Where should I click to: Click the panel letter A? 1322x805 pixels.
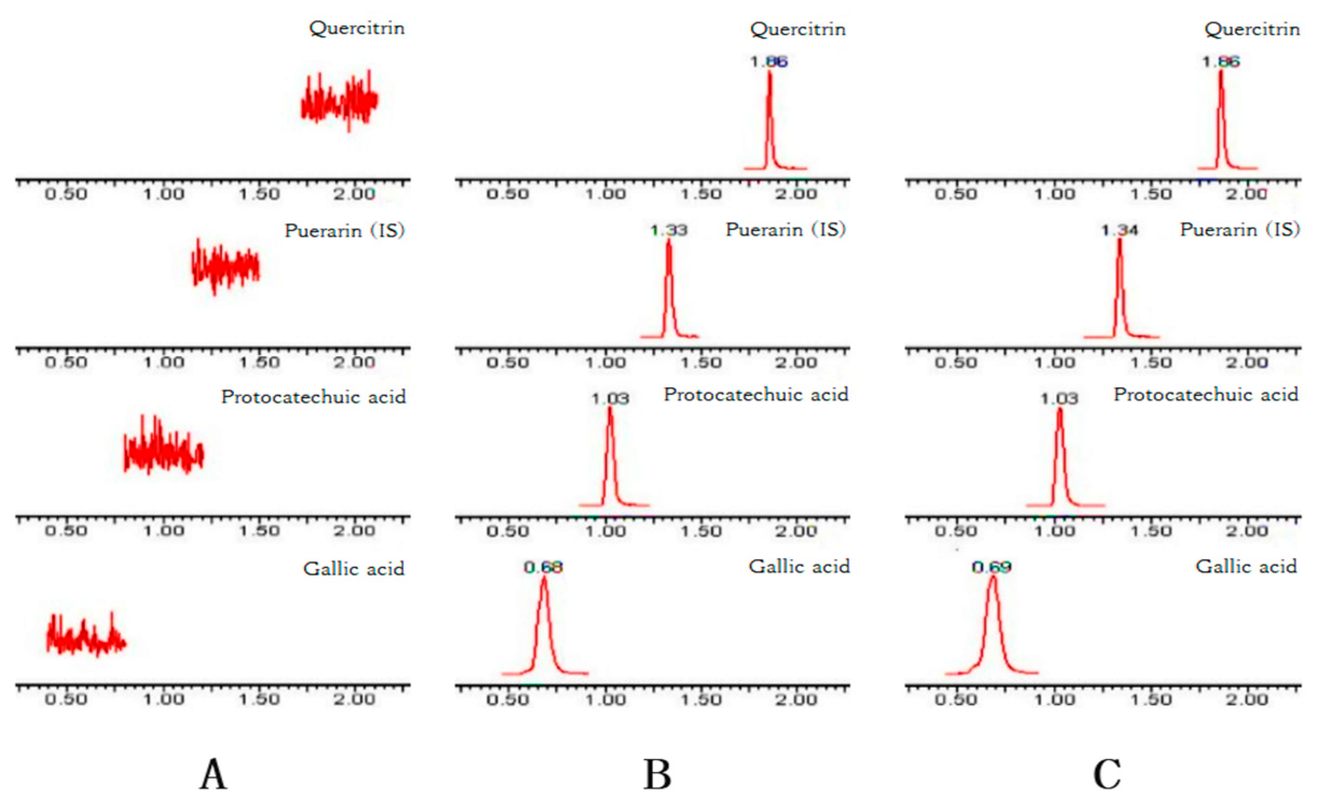coord(213,774)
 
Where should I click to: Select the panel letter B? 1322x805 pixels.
coord(657,774)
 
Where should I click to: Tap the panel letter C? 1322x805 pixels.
coord(1107,774)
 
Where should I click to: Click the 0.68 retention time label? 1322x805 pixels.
coord(543,567)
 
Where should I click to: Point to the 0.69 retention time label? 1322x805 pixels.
coord(991,567)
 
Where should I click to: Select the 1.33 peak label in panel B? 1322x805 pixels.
coord(669,231)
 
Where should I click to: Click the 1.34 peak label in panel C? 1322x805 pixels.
coord(1120,231)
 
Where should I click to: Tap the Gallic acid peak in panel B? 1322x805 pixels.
coord(544,626)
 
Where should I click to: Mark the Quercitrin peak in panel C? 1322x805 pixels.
coord(1221,119)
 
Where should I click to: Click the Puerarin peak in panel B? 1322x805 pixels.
coord(669,286)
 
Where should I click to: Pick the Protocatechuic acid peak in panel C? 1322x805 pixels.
coord(1060,456)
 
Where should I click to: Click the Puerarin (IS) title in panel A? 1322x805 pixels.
coord(344,231)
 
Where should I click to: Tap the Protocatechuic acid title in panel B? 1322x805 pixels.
coord(756,395)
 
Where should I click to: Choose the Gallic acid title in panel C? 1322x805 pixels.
coord(1246,566)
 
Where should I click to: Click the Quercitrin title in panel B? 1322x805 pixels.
coord(798,29)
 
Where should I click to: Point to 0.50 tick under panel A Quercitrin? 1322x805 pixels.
coord(66,194)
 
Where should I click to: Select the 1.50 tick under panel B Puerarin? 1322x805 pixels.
coord(701,362)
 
